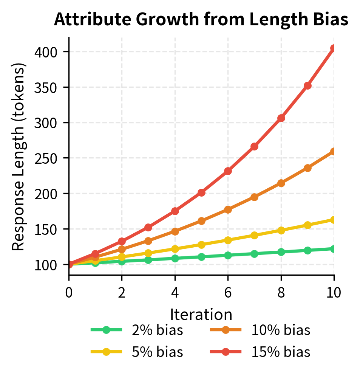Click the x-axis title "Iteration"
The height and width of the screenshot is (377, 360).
[x=201, y=314]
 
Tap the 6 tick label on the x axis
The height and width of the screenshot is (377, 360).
[x=228, y=292]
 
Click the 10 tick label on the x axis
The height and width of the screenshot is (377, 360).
[x=334, y=292]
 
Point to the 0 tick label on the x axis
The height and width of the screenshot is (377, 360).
[x=69, y=292]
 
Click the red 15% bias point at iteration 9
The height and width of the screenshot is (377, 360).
[x=307, y=86]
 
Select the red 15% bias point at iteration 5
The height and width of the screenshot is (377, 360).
[x=201, y=192]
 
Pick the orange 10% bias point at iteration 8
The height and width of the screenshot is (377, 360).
[x=281, y=183]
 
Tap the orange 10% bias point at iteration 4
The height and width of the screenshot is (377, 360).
[x=175, y=231]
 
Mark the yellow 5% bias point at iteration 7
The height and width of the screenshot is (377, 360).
[x=254, y=235]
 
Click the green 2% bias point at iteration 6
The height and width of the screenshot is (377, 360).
[x=228, y=255]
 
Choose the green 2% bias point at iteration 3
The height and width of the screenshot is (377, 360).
[x=148, y=260]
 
